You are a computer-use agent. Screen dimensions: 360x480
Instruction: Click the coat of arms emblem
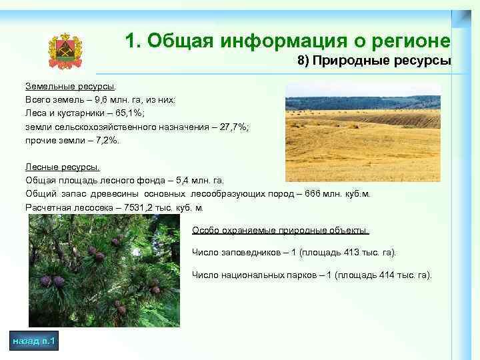tap(65, 51)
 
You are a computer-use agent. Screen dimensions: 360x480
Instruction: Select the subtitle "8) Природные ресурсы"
tap(374, 61)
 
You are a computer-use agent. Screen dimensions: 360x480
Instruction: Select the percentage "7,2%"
tap(103, 141)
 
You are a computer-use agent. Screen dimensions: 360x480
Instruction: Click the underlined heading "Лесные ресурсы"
tap(63, 167)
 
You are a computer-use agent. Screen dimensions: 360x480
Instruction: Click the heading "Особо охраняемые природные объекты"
tap(280, 231)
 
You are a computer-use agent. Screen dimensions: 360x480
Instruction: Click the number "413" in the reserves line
tap(345, 253)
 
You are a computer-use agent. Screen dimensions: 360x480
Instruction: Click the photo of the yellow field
tap(363, 132)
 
